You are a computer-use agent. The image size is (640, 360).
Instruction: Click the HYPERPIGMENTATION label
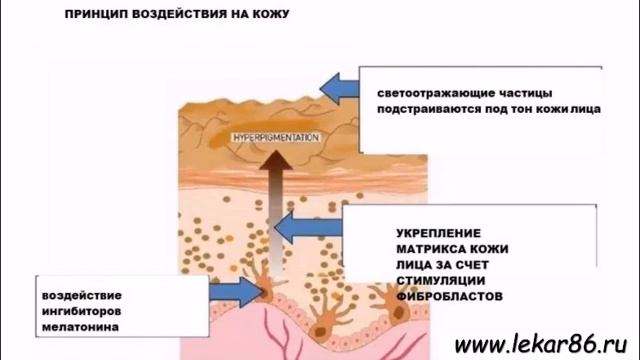point(276,136)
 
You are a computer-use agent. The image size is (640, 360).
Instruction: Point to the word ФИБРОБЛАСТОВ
point(444,297)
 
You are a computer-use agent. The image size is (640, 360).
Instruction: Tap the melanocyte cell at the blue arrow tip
point(269,290)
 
